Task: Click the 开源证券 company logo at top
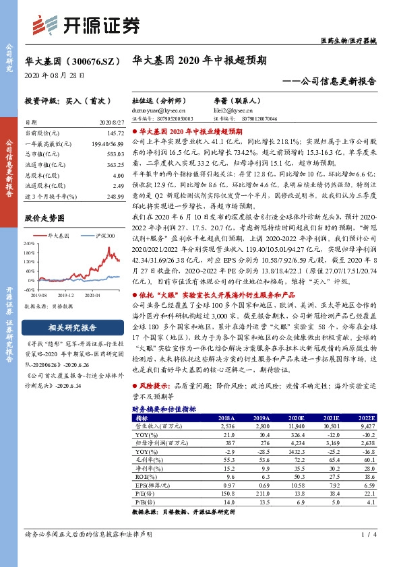(87, 24)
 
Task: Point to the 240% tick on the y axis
(30, 244)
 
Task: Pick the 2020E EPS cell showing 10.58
(297, 484)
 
